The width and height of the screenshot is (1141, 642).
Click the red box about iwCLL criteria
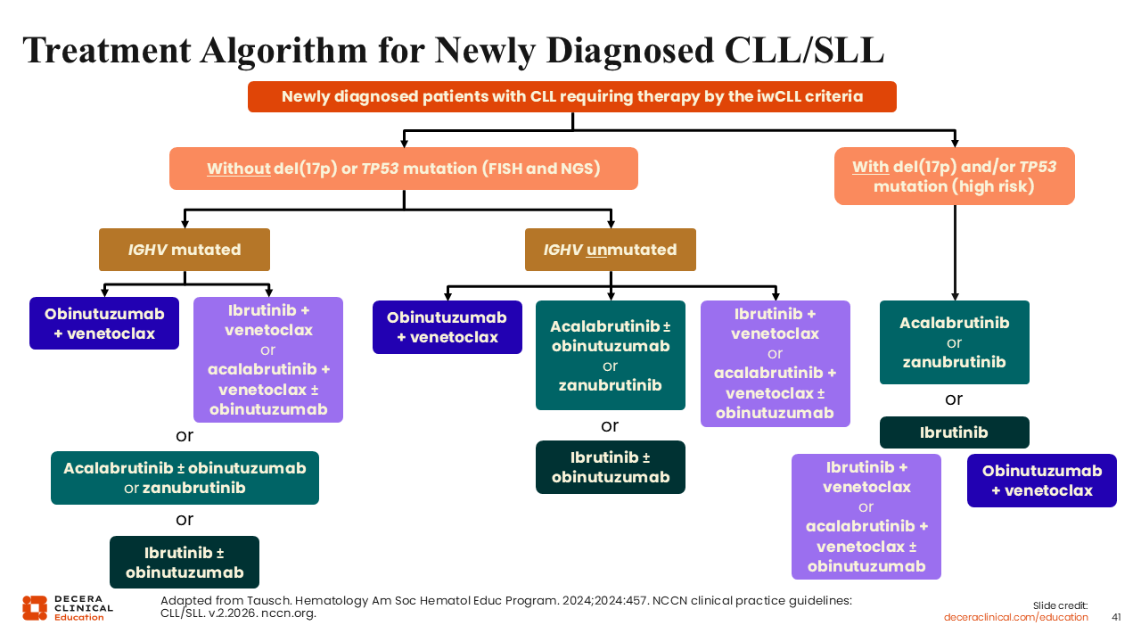(571, 96)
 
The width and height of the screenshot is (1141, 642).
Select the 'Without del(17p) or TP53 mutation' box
(403, 169)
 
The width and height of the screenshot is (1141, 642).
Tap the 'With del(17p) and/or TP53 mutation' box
(954, 177)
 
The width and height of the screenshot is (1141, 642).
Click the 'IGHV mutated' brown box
(184, 250)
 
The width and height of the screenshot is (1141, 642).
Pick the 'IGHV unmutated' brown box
(610, 250)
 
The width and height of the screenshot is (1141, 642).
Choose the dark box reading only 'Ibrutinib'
(954, 432)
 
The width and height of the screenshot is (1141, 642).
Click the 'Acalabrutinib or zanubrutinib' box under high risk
(954, 342)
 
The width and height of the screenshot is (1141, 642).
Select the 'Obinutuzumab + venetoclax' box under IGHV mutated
(104, 324)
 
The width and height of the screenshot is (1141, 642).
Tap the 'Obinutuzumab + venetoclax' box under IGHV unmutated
(447, 327)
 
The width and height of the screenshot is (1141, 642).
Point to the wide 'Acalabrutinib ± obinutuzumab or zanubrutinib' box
(185, 478)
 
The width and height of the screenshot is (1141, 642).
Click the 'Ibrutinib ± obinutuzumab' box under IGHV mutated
(185, 562)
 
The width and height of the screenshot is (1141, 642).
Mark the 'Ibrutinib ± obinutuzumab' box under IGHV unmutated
(610, 467)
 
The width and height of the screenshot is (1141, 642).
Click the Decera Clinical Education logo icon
(35, 607)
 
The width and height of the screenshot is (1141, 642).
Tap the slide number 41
(1116, 617)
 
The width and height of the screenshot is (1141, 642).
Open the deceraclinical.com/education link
(1016, 617)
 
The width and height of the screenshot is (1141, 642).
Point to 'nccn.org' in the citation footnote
(291, 613)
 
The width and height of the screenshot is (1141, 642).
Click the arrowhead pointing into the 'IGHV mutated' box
(184, 224)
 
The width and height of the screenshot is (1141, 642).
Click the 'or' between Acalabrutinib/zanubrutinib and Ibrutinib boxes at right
(954, 399)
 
